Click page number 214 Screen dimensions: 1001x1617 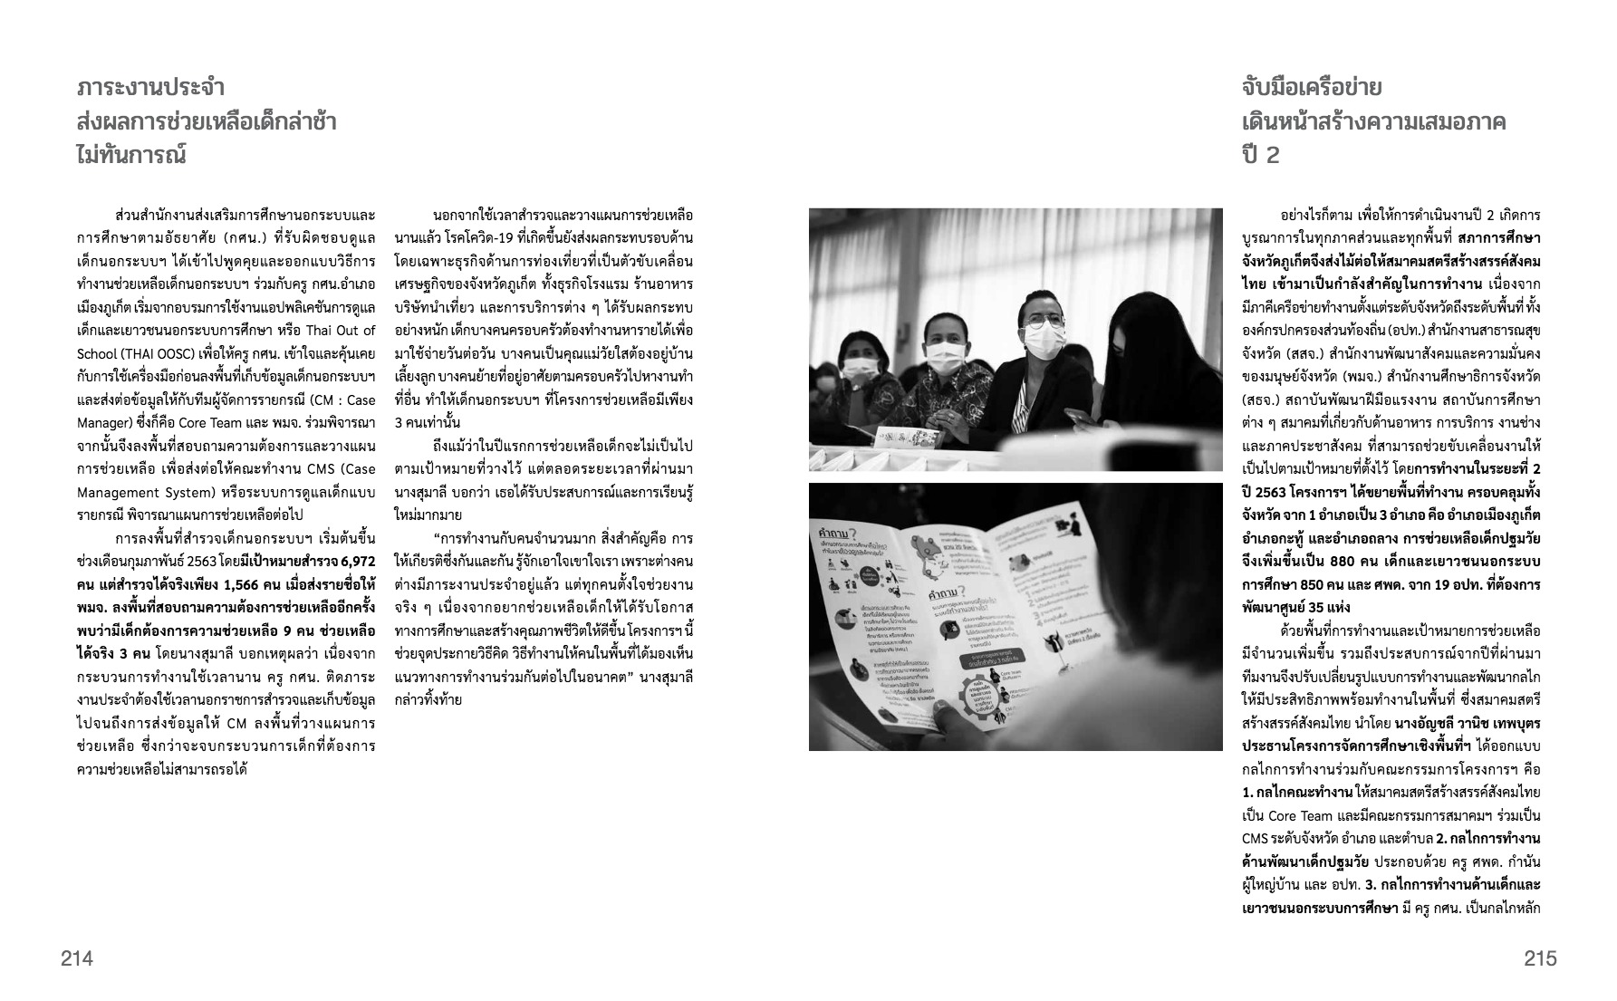coord(77,958)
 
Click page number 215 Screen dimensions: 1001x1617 coord(1539,958)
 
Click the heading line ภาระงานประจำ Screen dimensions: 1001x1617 coord(151,88)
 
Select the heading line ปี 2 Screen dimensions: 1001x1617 coord(1261,155)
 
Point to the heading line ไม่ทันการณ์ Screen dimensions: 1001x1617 coord(131,155)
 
